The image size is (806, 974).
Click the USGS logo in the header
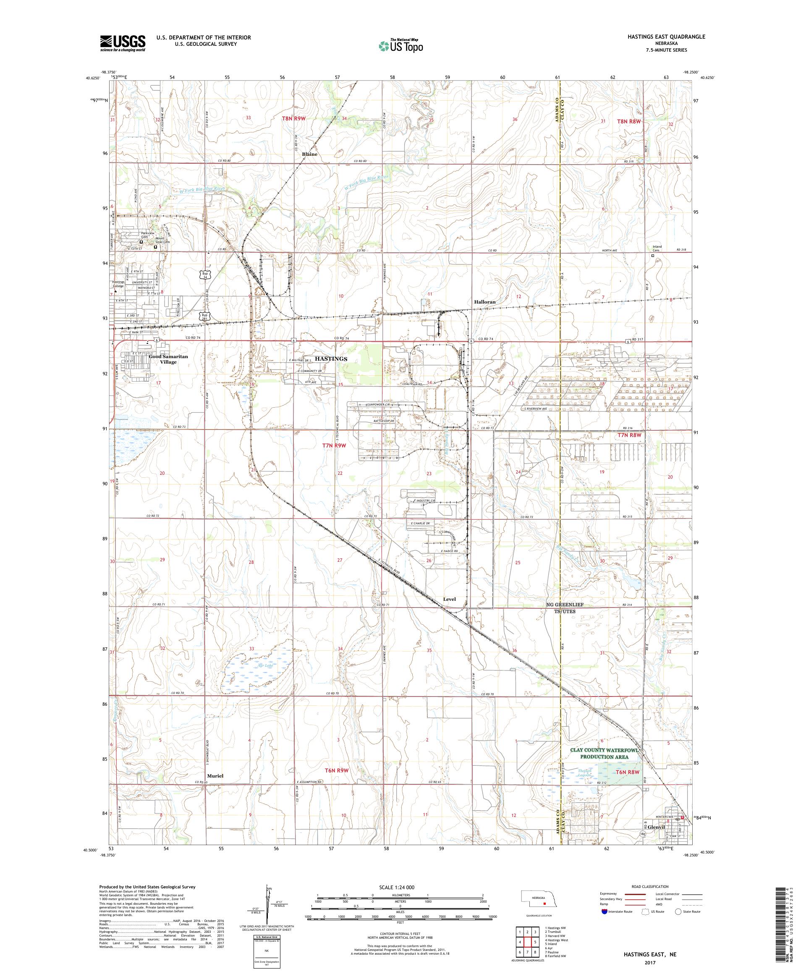pos(123,43)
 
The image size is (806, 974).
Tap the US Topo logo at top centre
pos(401,45)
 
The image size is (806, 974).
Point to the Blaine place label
pos(309,154)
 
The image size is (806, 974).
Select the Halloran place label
pos(484,301)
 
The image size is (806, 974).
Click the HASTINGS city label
pos(331,359)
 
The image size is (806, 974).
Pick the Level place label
pos(449,599)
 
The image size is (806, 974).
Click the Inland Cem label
pos(657,248)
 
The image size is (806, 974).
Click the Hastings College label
pos(118,284)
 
